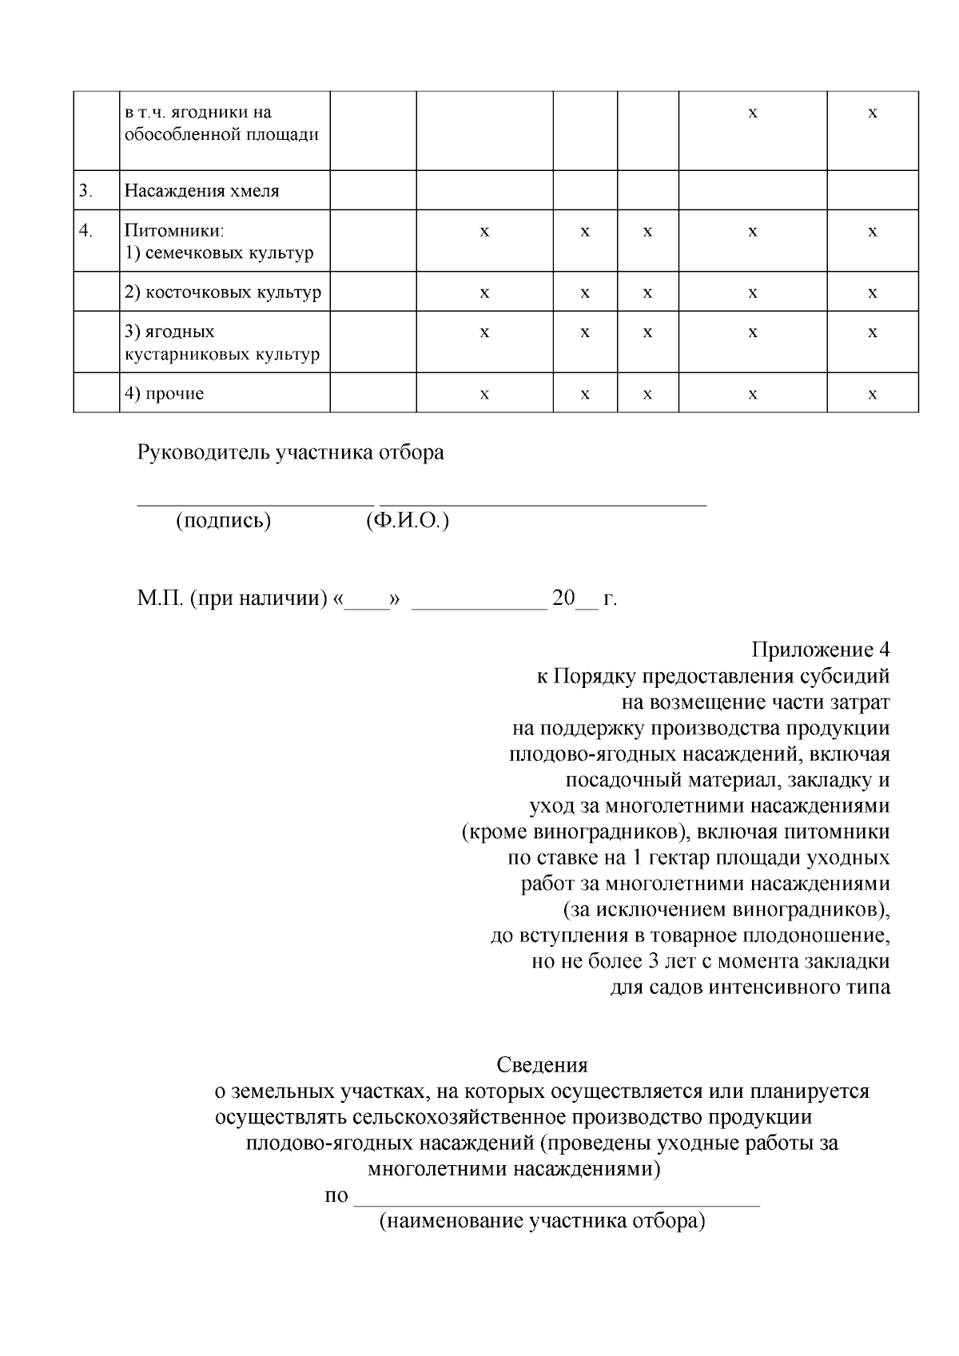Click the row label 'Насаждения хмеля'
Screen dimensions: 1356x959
pyautogui.click(x=201, y=191)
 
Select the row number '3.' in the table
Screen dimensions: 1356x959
pyautogui.click(x=86, y=191)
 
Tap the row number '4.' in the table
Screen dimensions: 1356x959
pyautogui.click(x=86, y=232)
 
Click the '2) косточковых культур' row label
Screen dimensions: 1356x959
pyautogui.click(x=223, y=292)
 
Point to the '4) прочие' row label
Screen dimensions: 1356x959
pyautogui.click(x=164, y=393)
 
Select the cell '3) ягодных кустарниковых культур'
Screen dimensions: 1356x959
pyautogui.click(x=221, y=343)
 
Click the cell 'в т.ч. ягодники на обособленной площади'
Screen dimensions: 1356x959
pyautogui.click(x=221, y=124)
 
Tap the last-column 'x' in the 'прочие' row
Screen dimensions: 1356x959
pyautogui.click(x=872, y=393)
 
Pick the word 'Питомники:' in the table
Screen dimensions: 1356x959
pyautogui.click(x=174, y=232)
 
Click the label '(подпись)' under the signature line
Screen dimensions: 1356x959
pyautogui.click(x=223, y=521)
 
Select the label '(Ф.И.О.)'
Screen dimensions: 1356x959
pyautogui.click(x=408, y=521)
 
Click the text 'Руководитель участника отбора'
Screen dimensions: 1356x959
pyautogui.click(x=290, y=453)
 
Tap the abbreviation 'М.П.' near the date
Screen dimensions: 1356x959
pyautogui.click(x=161, y=598)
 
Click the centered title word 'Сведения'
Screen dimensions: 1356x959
pyautogui.click(x=542, y=1065)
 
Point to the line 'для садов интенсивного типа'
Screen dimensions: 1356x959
pyautogui.click(x=750, y=987)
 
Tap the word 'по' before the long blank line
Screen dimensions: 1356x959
pyautogui.click(x=336, y=1195)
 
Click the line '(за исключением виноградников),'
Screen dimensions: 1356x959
pyautogui.click(x=726, y=909)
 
